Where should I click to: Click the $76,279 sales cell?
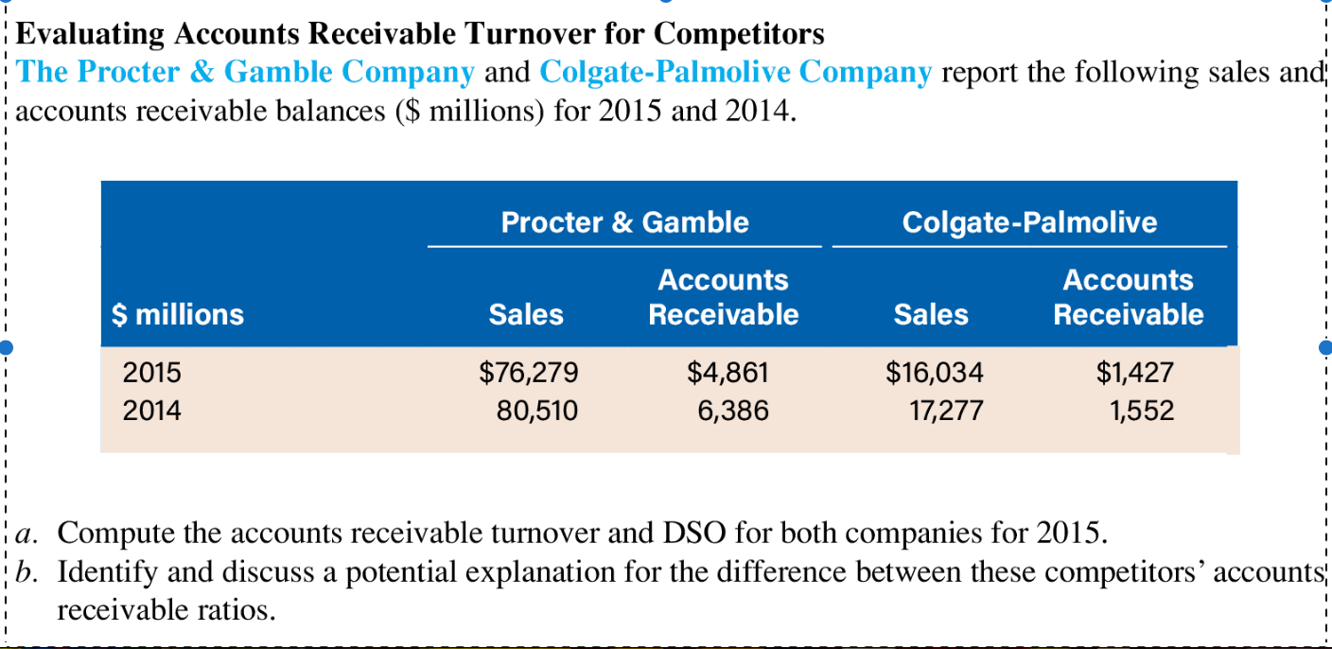click(528, 373)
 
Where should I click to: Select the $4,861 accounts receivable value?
click(727, 373)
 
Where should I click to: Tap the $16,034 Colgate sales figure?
click(934, 373)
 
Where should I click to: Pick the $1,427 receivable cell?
click(1134, 373)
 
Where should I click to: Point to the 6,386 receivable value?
click(733, 411)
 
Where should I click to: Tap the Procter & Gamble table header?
click(624, 222)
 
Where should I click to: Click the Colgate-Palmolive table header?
click(1029, 222)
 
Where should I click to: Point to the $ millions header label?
click(178, 314)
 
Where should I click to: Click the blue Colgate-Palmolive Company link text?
click(735, 72)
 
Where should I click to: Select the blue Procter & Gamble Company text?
click(246, 72)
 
